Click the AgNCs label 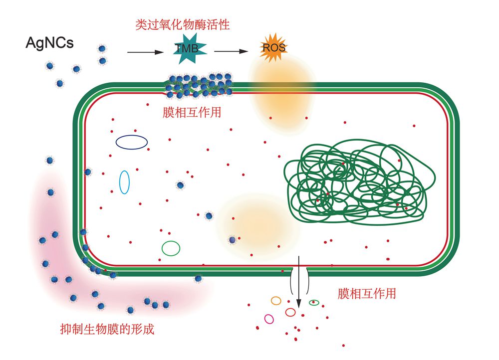(x=49, y=43)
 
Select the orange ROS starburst (x=273, y=48)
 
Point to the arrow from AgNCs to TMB (x=146, y=52)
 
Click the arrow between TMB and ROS (x=232, y=51)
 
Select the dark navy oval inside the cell (x=132, y=142)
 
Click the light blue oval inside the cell (x=124, y=182)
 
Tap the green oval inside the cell (x=171, y=248)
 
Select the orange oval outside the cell (x=276, y=301)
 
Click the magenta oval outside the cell (x=269, y=319)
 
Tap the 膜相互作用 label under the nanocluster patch (x=192, y=112)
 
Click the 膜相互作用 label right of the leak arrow (x=366, y=293)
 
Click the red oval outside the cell (x=290, y=312)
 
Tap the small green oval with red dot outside (x=314, y=302)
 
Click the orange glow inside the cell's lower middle (x=259, y=219)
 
